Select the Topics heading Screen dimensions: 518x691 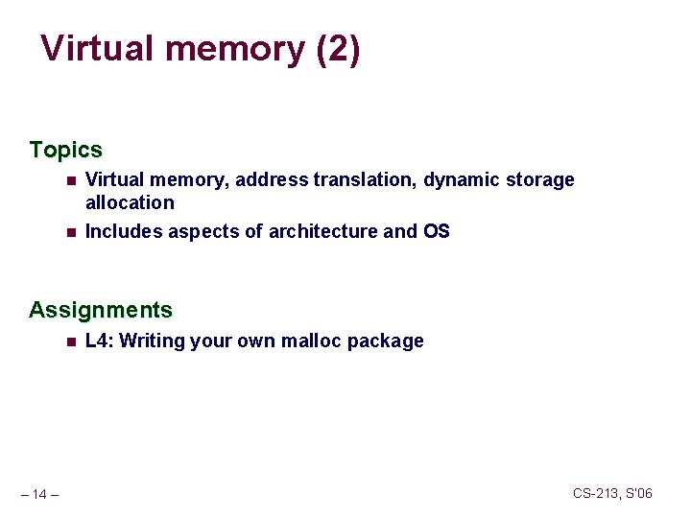coord(65,150)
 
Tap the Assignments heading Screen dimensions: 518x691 coord(101,310)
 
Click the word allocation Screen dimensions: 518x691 coord(130,202)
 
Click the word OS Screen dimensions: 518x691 coord(436,231)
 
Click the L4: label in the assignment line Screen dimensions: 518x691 coord(100,341)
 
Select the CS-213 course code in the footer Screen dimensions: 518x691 coord(595,493)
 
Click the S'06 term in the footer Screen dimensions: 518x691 coord(638,493)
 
